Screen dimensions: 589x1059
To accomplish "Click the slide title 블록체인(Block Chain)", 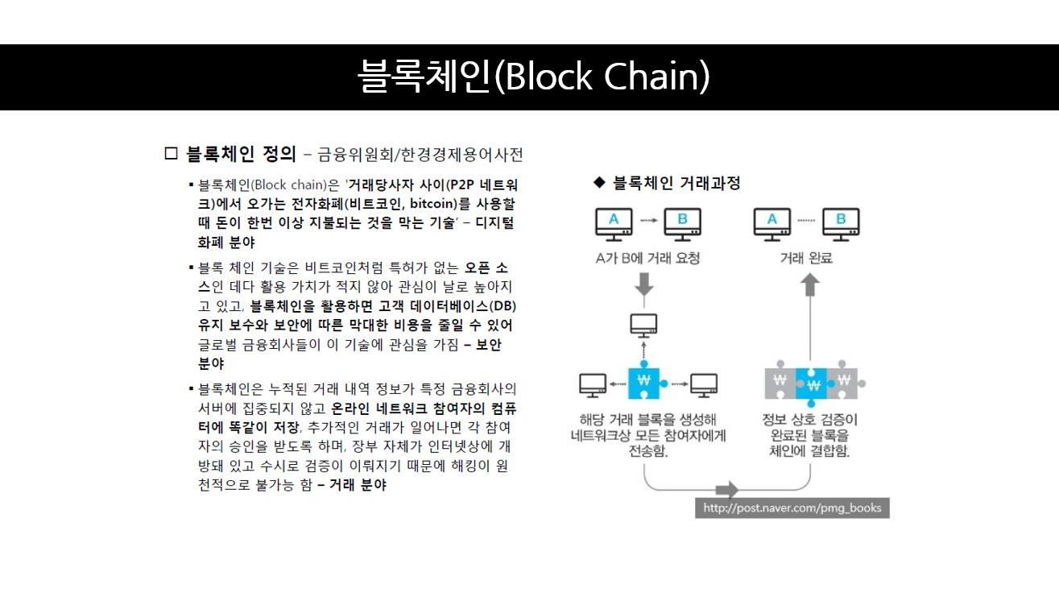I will pyautogui.click(x=533, y=77).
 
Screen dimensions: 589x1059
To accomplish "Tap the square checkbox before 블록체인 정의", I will pyautogui.click(x=170, y=153).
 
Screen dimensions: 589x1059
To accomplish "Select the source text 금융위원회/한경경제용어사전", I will pyautogui.click(x=420, y=154).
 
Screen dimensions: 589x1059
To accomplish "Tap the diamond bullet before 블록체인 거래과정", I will pyautogui.click(x=598, y=183).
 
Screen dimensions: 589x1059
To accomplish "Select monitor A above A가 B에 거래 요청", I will pyautogui.click(x=614, y=223).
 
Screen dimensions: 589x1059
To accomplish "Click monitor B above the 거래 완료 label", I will pyautogui.click(x=841, y=223).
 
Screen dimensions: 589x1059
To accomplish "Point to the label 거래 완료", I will pyautogui.click(x=806, y=259).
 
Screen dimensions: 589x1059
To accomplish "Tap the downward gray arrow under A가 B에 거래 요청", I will pyautogui.click(x=643, y=284).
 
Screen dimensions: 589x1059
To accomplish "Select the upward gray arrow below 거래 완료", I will pyautogui.click(x=811, y=284).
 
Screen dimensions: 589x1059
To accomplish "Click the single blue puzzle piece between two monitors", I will pyautogui.click(x=644, y=384).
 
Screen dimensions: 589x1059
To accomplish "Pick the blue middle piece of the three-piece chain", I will pyautogui.click(x=812, y=382).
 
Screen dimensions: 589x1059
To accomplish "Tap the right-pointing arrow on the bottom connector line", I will pyautogui.click(x=727, y=489).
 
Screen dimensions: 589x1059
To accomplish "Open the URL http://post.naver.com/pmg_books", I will pyautogui.click(x=792, y=508).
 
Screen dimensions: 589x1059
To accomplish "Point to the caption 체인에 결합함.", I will pyautogui.click(x=809, y=451).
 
